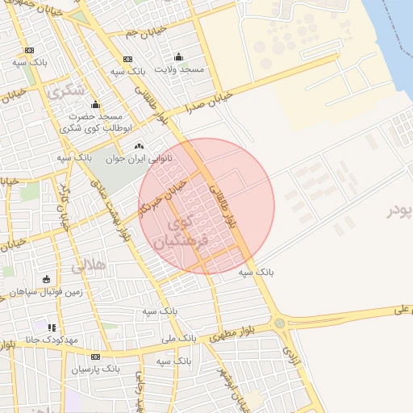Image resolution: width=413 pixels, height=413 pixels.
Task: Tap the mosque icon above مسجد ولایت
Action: click(x=178, y=57)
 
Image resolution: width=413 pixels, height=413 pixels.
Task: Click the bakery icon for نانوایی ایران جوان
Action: click(x=140, y=147)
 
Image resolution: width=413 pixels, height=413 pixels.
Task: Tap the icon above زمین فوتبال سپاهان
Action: click(x=45, y=279)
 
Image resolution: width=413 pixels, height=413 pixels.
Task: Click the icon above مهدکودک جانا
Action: click(x=52, y=327)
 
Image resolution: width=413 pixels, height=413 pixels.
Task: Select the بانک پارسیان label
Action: click(x=95, y=369)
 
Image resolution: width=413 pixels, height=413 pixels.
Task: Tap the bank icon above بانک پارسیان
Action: click(x=95, y=357)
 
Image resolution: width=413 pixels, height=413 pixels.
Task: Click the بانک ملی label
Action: click(x=179, y=339)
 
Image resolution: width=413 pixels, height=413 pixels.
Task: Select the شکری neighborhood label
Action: click(x=66, y=91)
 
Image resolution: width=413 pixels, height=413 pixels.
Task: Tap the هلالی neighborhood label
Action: click(x=88, y=264)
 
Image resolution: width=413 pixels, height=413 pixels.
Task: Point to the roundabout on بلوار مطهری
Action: click(x=280, y=323)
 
